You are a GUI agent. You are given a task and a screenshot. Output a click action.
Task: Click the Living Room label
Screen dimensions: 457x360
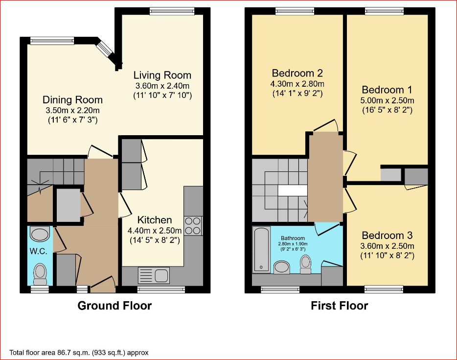pyautogui.click(x=162, y=75)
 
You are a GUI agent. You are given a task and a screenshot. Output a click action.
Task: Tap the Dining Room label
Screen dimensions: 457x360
pyautogui.click(x=72, y=100)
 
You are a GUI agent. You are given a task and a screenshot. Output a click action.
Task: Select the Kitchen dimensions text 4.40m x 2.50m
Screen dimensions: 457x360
pyautogui.click(x=155, y=231)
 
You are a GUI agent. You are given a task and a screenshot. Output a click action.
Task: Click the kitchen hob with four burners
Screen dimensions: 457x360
pyautogui.click(x=193, y=226)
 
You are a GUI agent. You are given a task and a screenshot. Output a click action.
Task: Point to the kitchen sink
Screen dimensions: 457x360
pyautogui.click(x=153, y=275)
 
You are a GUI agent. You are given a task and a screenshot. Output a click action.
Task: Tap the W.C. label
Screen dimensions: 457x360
pyautogui.click(x=38, y=251)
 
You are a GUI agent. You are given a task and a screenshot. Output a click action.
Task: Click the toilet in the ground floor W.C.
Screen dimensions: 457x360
pyautogui.click(x=40, y=274)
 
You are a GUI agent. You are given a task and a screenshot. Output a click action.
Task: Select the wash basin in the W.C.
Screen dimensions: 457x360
pyautogui.click(x=40, y=235)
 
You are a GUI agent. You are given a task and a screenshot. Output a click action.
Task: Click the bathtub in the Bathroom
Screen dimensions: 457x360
pyautogui.click(x=261, y=250)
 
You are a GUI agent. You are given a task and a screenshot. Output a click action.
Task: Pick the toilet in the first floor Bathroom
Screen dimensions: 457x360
pyautogui.click(x=305, y=264)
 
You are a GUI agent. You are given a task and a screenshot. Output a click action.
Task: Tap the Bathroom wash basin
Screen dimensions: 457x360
pyautogui.click(x=281, y=267)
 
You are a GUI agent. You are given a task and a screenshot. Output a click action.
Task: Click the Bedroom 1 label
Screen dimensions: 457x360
pyautogui.click(x=387, y=90)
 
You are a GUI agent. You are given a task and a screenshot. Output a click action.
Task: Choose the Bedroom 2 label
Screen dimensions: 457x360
pyautogui.click(x=297, y=73)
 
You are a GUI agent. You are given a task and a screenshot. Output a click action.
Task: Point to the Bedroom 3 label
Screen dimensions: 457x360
pyautogui.click(x=387, y=235)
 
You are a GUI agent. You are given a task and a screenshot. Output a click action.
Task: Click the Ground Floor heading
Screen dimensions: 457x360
pyautogui.click(x=114, y=306)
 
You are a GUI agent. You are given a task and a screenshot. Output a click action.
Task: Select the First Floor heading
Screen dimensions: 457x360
pyautogui.click(x=339, y=306)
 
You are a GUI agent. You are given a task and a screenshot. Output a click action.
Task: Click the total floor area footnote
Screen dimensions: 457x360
pyautogui.click(x=79, y=353)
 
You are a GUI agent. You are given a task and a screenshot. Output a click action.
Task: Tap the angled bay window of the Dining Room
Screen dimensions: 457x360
pyautogui.click(x=105, y=48)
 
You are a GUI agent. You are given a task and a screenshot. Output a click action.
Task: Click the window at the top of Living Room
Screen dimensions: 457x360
pyautogui.click(x=172, y=11)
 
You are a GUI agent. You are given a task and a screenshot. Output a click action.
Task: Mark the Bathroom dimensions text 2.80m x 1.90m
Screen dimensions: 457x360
pyautogui.click(x=293, y=244)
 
